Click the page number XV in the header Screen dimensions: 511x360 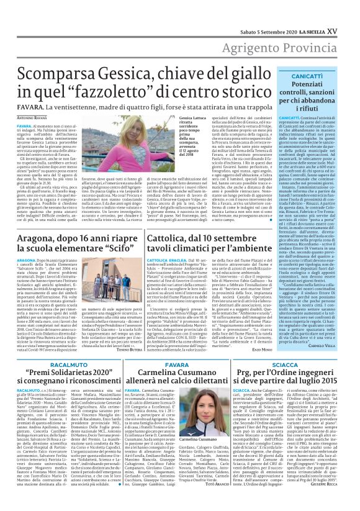(349, 8)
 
